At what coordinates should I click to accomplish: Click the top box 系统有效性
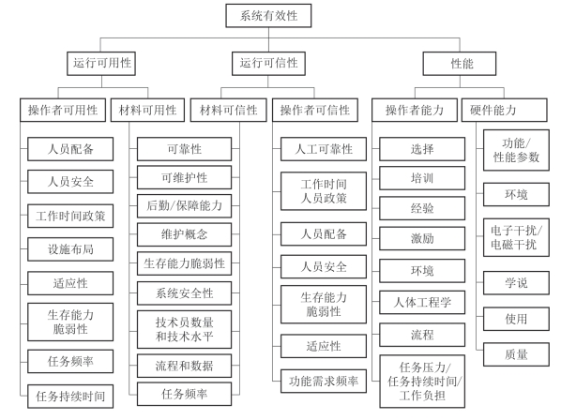pyautogui.click(x=268, y=16)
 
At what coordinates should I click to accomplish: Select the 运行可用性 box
pyautogui.click(x=101, y=64)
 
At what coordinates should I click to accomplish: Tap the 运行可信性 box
pyautogui.click(x=268, y=64)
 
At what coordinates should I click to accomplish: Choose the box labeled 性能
pyautogui.click(x=460, y=64)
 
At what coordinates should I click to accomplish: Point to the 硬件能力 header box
pyautogui.click(x=505, y=110)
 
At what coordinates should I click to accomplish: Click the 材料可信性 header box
pyautogui.click(x=229, y=110)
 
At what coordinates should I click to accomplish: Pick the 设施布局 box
pyautogui.click(x=70, y=249)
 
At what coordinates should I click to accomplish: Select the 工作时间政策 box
pyautogui.click(x=70, y=216)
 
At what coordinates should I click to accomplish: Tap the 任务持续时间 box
pyautogui.click(x=70, y=397)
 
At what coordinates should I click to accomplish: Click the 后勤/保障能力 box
pyautogui.click(x=185, y=206)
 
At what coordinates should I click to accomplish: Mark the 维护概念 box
pyautogui.click(x=185, y=234)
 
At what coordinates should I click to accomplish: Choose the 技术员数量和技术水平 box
pyautogui.click(x=185, y=329)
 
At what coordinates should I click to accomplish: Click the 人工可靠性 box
pyautogui.click(x=324, y=149)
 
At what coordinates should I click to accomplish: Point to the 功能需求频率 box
pyautogui.click(x=324, y=381)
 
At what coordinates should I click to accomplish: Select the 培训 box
pyautogui.click(x=422, y=178)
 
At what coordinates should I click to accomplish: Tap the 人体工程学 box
pyautogui.click(x=422, y=303)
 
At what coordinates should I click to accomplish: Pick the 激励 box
pyautogui.click(x=422, y=239)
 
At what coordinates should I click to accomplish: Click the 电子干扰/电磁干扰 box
pyautogui.click(x=516, y=237)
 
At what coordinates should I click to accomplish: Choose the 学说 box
pyautogui.click(x=516, y=283)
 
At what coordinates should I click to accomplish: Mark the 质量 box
pyautogui.click(x=516, y=354)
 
